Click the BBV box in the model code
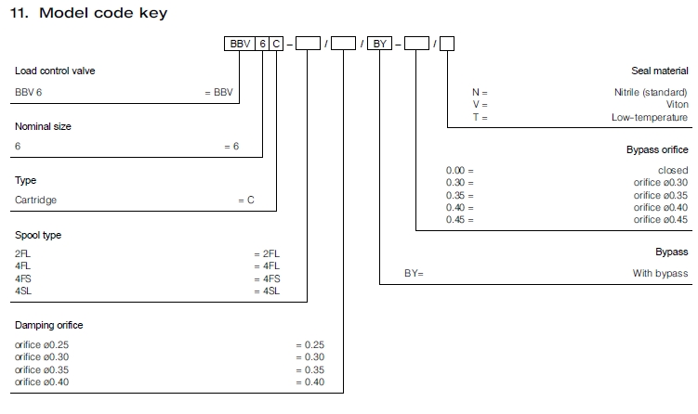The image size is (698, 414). pyautogui.click(x=239, y=43)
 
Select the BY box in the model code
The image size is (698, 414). pyautogui.click(x=380, y=43)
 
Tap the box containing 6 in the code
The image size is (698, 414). pyautogui.click(x=263, y=43)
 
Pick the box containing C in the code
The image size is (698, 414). pyautogui.click(x=278, y=43)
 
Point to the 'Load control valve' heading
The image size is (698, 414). pyautogui.click(x=55, y=71)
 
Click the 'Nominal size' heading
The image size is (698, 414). pyautogui.click(x=43, y=125)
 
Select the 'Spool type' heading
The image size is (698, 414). pyautogui.click(x=38, y=235)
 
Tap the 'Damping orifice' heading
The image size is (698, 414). pyautogui.click(x=49, y=325)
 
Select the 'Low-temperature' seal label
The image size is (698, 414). pyautogui.click(x=650, y=117)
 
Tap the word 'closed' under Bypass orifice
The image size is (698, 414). pyautogui.click(x=673, y=171)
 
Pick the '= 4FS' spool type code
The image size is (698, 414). pyautogui.click(x=267, y=278)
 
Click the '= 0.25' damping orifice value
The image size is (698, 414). pyautogui.click(x=309, y=344)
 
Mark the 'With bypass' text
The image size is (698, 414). pyautogui.click(x=661, y=273)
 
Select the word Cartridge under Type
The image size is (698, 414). pyautogui.click(x=36, y=200)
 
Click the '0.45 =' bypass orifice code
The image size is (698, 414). pyautogui.click(x=460, y=219)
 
